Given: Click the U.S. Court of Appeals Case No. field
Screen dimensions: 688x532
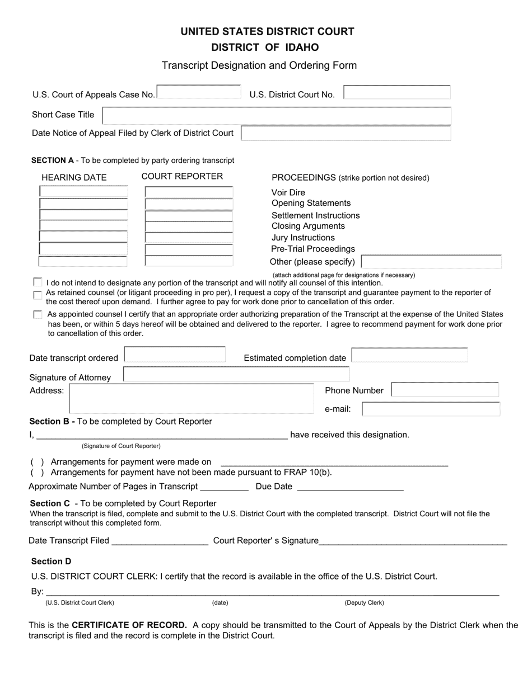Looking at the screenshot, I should (x=199, y=93).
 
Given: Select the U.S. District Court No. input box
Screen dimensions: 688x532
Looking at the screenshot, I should (x=396, y=93).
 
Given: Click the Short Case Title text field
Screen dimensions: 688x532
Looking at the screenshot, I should (x=277, y=115).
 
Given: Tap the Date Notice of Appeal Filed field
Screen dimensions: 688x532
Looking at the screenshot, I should (x=346, y=133).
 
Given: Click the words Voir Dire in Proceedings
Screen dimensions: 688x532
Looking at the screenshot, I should (x=288, y=192).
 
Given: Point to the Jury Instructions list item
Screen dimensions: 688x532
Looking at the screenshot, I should (x=303, y=238).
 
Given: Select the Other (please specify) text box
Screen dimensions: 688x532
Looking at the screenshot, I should (x=431, y=262).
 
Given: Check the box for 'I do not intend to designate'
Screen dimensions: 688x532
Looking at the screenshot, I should (x=38, y=282).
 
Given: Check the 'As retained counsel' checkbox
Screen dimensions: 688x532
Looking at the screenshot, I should (x=38, y=294).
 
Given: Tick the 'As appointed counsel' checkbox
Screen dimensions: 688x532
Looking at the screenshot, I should (x=38, y=315).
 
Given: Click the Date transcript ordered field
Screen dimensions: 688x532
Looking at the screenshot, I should (x=174, y=356).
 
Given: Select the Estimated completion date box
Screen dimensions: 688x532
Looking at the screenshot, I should (x=409, y=356).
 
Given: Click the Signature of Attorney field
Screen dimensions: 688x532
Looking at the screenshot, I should (x=236, y=375).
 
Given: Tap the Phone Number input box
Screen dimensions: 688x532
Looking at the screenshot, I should (x=444, y=390).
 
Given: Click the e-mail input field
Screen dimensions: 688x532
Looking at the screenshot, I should (x=431, y=409).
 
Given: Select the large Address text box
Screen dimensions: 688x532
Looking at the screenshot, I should (x=190, y=398).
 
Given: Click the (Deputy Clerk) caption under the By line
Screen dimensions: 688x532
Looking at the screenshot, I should (x=364, y=603).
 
